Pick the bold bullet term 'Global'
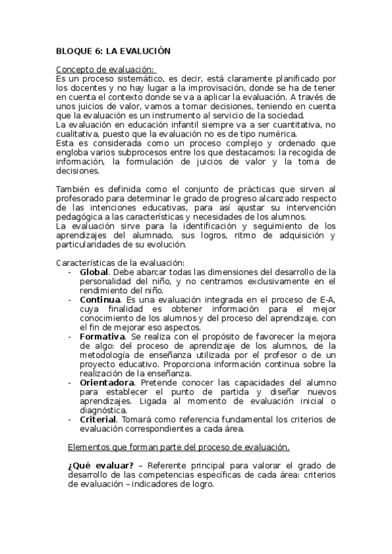(x=94, y=272)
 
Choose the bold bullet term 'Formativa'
(x=102, y=336)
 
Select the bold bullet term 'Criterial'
(x=98, y=419)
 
